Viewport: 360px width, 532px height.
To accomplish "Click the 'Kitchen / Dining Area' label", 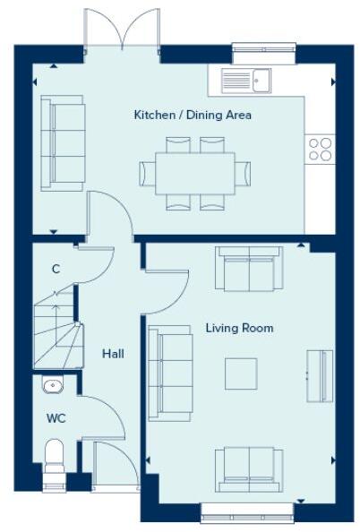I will coord(193,115).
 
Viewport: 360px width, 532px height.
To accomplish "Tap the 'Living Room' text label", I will coord(239,329).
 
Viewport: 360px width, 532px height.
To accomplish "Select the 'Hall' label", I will coord(113,354).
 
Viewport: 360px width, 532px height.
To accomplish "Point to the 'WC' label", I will coord(56,418).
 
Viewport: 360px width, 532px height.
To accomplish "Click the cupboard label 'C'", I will coord(56,269).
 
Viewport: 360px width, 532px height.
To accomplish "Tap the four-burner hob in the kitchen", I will coord(320,149).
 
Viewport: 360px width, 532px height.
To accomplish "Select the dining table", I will coord(194,173).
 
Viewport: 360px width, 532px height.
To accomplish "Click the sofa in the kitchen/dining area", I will coord(64,143).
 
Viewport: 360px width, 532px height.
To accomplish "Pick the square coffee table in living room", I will coord(241,373).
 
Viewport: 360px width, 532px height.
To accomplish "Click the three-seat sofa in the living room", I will coord(170,372).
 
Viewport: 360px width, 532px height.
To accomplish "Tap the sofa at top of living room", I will coord(248,269).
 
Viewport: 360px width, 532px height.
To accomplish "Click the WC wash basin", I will coord(53,386).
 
